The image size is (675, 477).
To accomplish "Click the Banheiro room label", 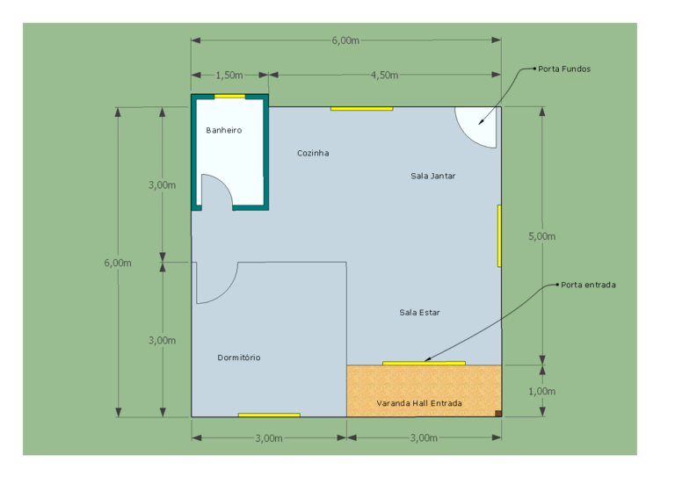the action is (224, 130).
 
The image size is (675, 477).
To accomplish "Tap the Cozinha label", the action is (313, 153).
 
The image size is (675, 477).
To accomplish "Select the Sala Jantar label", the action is (432, 176).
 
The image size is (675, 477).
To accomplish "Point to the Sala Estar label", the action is (419, 313).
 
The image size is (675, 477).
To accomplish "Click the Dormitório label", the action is (239, 358).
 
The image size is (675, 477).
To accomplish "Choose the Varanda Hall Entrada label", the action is (419, 403).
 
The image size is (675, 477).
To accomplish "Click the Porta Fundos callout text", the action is (564, 69).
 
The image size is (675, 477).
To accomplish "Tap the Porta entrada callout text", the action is (588, 285).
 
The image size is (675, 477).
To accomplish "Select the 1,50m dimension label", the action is (229, 76).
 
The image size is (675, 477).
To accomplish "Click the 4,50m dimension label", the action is (384, 76).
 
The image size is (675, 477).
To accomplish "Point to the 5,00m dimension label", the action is (542, 236).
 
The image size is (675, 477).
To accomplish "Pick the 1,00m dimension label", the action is (542, 392).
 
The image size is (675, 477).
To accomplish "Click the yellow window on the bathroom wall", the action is (230, 97).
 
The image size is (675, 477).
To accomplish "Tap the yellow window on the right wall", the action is (499, 236).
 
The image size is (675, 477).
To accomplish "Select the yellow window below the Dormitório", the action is (269, 415).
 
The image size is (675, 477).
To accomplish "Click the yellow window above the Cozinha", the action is (361, 109).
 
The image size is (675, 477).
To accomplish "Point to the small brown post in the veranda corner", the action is (498, 414).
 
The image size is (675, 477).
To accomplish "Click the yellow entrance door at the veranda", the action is (424, 364).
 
